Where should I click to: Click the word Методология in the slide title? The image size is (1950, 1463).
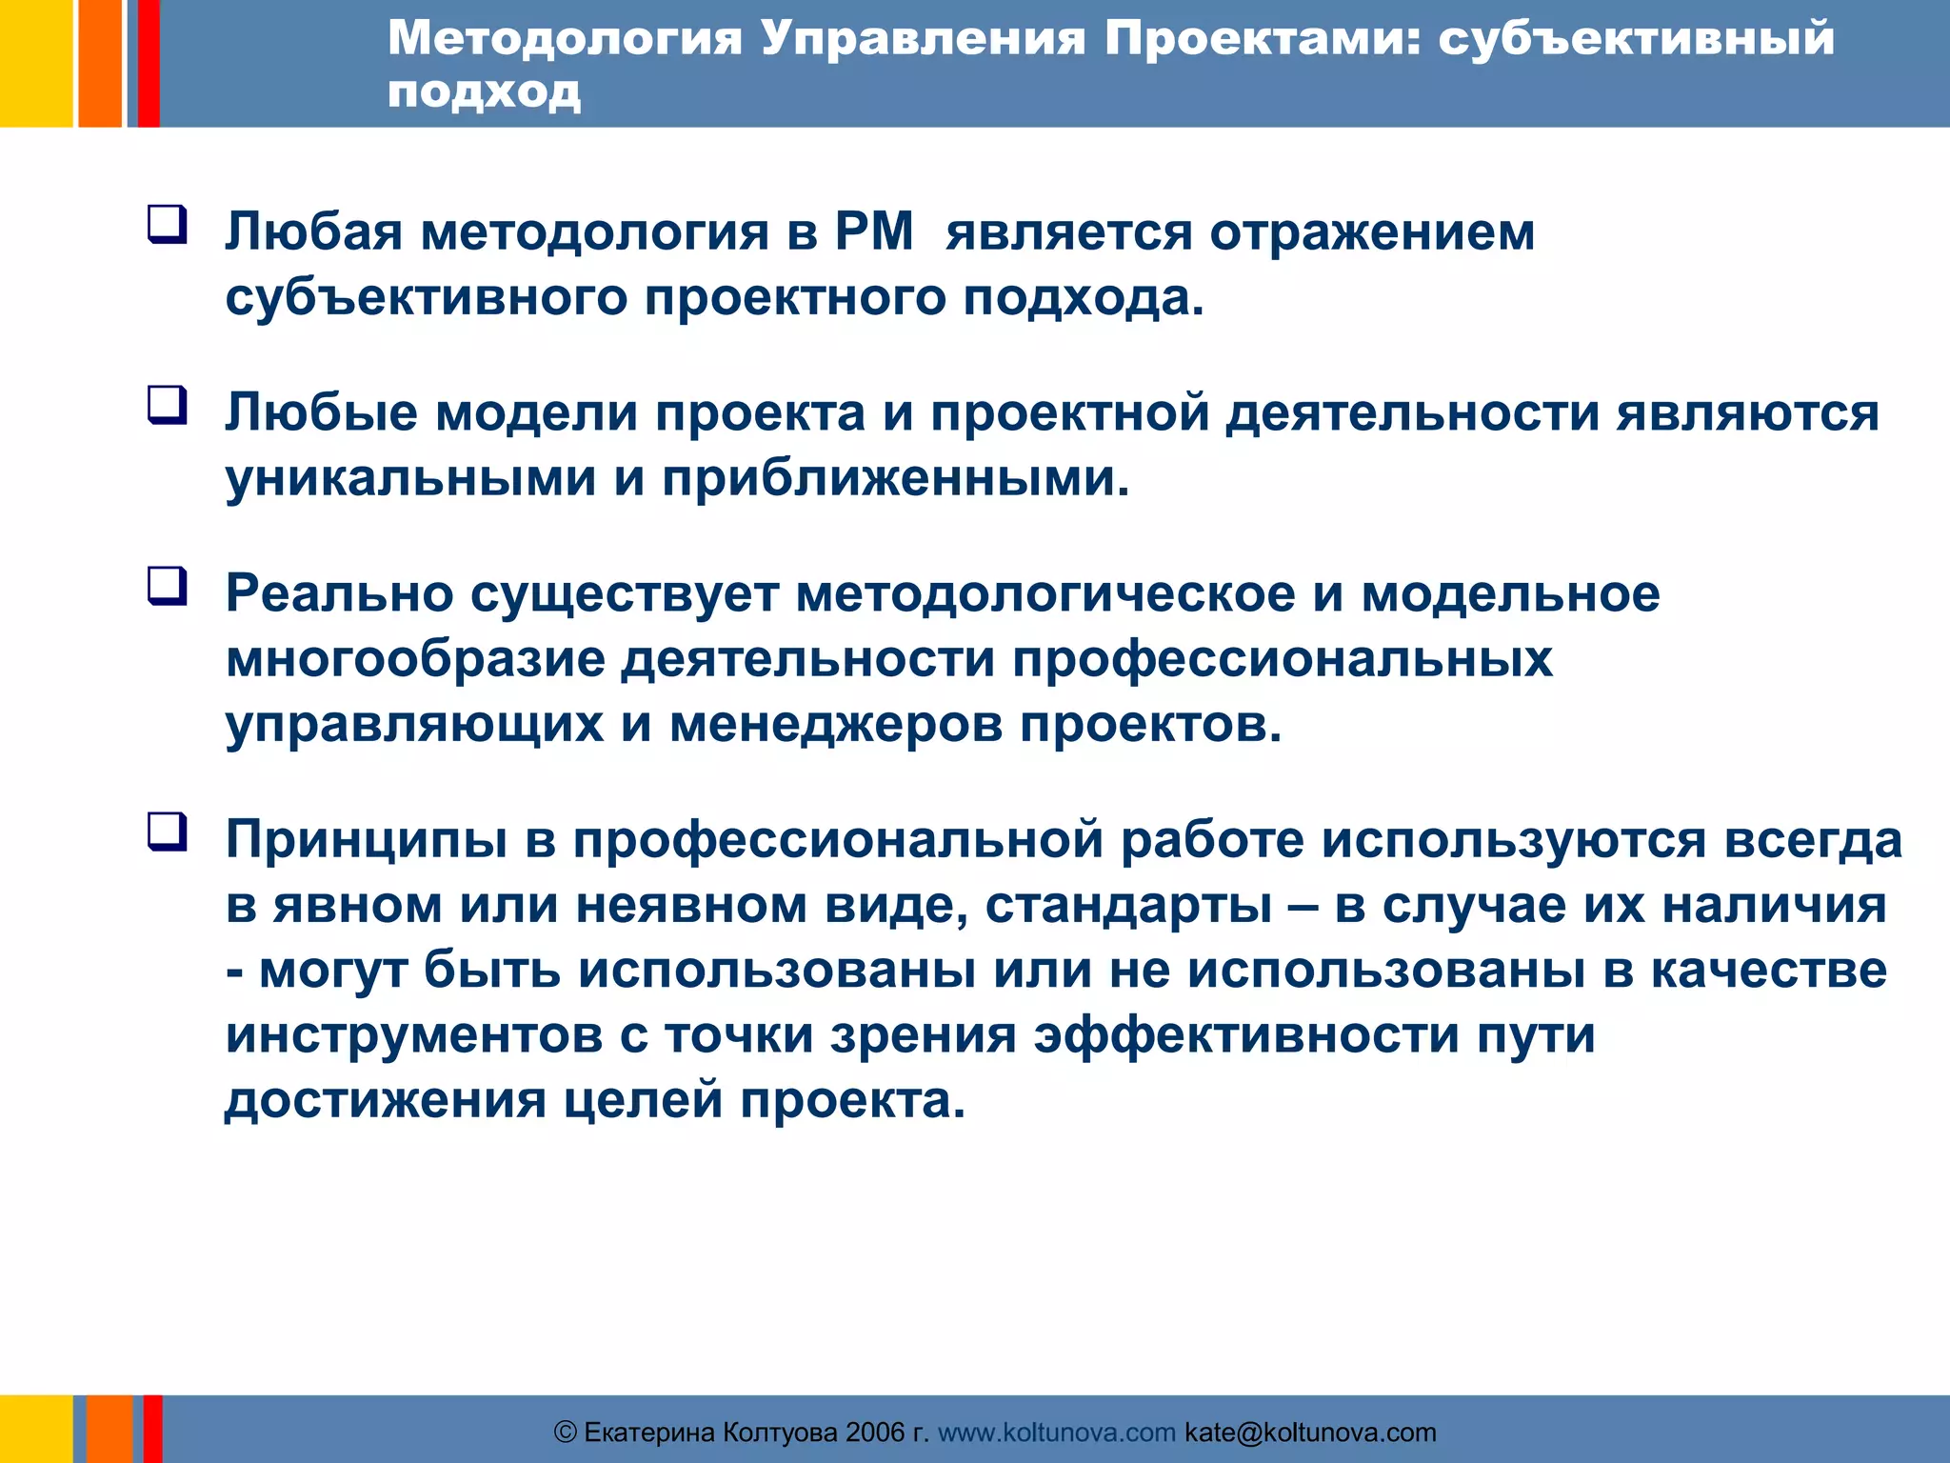tap(565, 40)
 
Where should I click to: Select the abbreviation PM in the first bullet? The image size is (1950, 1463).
tap(874, 231)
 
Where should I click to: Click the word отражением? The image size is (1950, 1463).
tap(1372, 233)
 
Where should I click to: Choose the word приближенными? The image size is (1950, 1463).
tap(895, 478)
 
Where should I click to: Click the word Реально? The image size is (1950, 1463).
tap(340, 594)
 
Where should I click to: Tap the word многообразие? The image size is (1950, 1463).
tap(415, 660)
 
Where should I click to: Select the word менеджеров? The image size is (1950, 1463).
tap(836, 725)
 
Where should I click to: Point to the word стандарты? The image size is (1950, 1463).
tap(1128, 906)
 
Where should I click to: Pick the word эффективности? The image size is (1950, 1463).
tap(1246, 1035)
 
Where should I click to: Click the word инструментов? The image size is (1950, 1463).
tap(414, 1035)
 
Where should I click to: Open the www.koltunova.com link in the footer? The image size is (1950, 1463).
tap(1057, 1433)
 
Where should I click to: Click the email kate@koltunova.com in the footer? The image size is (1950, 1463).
tap(1310, 1433)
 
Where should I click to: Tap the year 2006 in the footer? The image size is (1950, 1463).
tap(875, 1433)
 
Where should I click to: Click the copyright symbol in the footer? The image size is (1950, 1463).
tap(566, 1433)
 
